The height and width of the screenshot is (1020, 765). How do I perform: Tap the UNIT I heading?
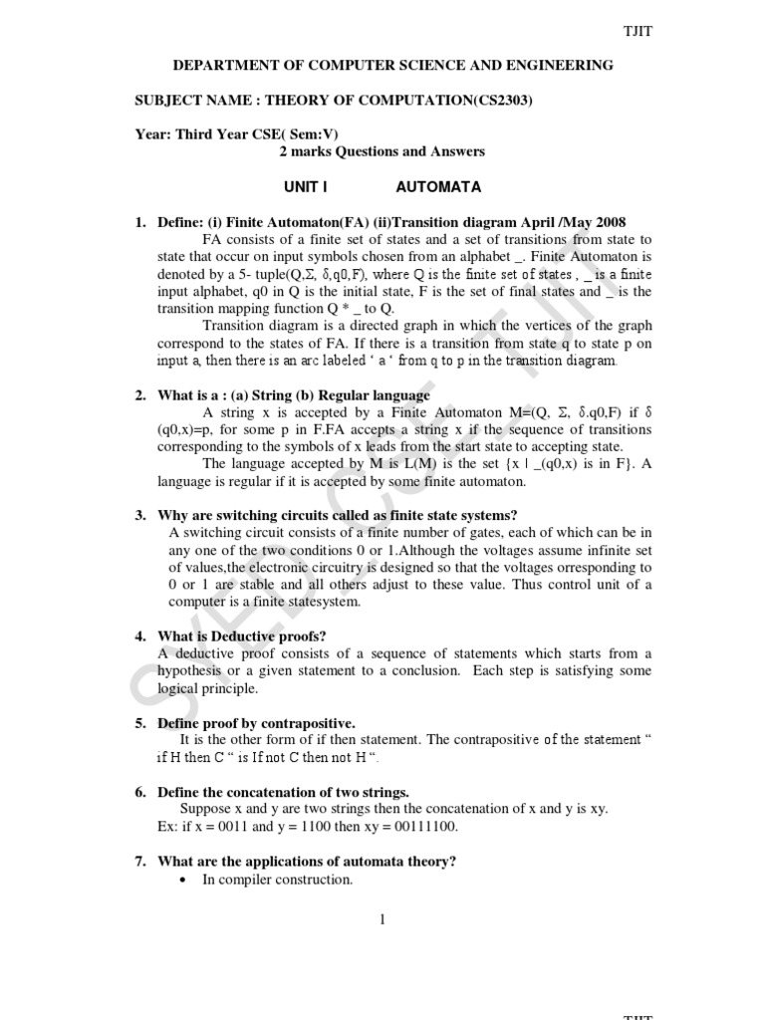305,186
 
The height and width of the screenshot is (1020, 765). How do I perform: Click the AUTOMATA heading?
438,186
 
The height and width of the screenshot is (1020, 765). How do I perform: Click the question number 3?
139,515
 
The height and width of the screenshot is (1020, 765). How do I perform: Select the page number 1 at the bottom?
382,918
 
